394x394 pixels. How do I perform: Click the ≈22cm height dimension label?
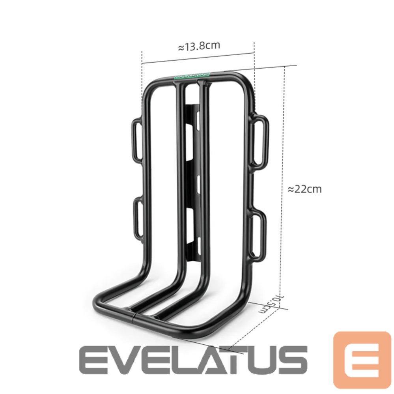click(x=304, y=189)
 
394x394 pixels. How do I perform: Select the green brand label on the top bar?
click(x=192, y=77)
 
